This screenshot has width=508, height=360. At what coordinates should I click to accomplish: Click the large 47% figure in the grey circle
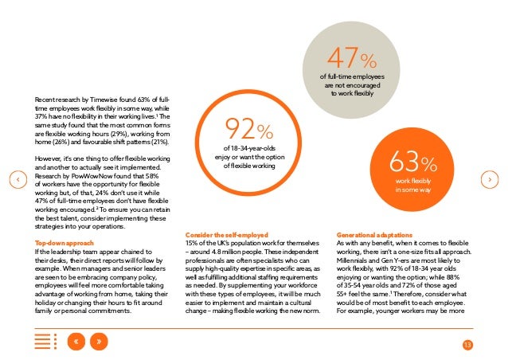[352, 57]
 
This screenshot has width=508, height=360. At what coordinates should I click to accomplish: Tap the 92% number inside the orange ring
[249, 129]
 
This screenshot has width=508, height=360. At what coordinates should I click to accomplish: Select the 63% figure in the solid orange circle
[413, 162]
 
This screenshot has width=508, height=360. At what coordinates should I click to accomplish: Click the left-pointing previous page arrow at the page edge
[18, 179]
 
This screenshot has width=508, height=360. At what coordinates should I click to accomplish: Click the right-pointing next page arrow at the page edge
[490, 179]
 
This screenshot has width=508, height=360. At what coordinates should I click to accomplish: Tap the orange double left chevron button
[76, 341]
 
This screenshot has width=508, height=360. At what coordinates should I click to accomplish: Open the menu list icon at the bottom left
[45, 341]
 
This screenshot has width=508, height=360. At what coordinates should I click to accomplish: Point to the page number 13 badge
[467, 345]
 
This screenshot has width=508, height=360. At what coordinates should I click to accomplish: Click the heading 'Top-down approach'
[64, 243]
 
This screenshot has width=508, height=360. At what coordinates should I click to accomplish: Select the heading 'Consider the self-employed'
[227, 235]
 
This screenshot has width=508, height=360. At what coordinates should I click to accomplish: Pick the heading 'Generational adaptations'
[374, 235]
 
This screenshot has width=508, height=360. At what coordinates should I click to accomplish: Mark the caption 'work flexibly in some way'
[413, 186]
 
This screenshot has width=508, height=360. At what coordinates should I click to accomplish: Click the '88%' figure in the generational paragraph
[453, 277]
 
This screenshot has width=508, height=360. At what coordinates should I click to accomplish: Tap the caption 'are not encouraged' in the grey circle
[352, 85]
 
